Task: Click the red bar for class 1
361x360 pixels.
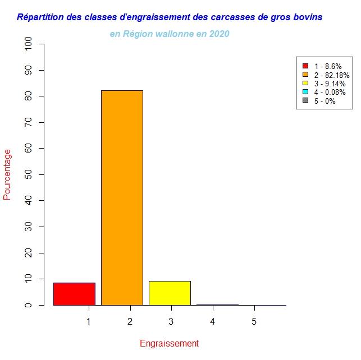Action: [74, 294]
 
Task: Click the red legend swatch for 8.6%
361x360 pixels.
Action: [305, 66]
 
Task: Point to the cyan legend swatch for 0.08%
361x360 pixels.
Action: [305, 92]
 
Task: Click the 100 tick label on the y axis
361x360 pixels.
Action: [29, 44]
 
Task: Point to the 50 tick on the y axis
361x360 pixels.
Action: [29, 174]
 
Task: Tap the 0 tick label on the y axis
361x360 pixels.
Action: [29, 305]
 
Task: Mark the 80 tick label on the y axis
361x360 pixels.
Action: [29, 96]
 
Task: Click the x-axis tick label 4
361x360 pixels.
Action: [213, 321]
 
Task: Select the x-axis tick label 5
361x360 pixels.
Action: [254, 321]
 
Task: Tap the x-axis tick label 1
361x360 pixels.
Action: [88, 321]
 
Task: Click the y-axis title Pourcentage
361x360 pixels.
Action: [7, 174]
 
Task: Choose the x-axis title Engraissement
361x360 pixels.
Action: [169, 343]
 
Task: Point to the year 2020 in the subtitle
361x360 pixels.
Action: [218, 34]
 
